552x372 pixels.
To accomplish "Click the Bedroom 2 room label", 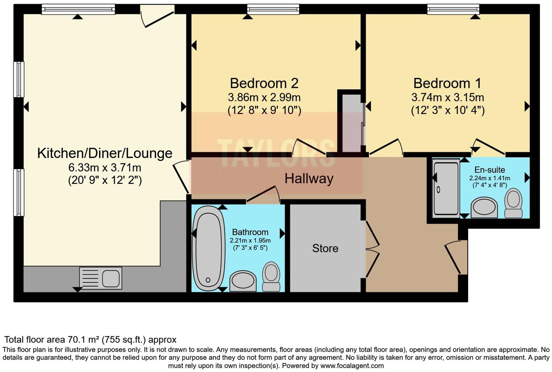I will pos(264,83).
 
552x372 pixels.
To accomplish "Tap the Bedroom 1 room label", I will pos(447,83).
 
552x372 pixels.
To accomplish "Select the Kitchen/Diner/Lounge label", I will pos(105,153).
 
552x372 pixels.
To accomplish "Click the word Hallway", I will pos(309,179).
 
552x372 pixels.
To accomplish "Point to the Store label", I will pos(325,248).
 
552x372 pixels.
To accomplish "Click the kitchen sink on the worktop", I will pos(101,278).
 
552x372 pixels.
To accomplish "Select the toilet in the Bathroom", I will pos(271,276).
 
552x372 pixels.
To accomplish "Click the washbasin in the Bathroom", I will pos(243,280).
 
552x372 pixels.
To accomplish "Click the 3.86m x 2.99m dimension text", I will pos(264,97).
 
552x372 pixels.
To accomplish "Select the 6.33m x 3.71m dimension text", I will pos(105,168).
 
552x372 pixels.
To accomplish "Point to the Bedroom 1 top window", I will pos(453,9).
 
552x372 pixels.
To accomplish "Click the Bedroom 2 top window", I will pos(273,9).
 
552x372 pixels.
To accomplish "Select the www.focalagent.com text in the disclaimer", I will pos(352,366).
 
